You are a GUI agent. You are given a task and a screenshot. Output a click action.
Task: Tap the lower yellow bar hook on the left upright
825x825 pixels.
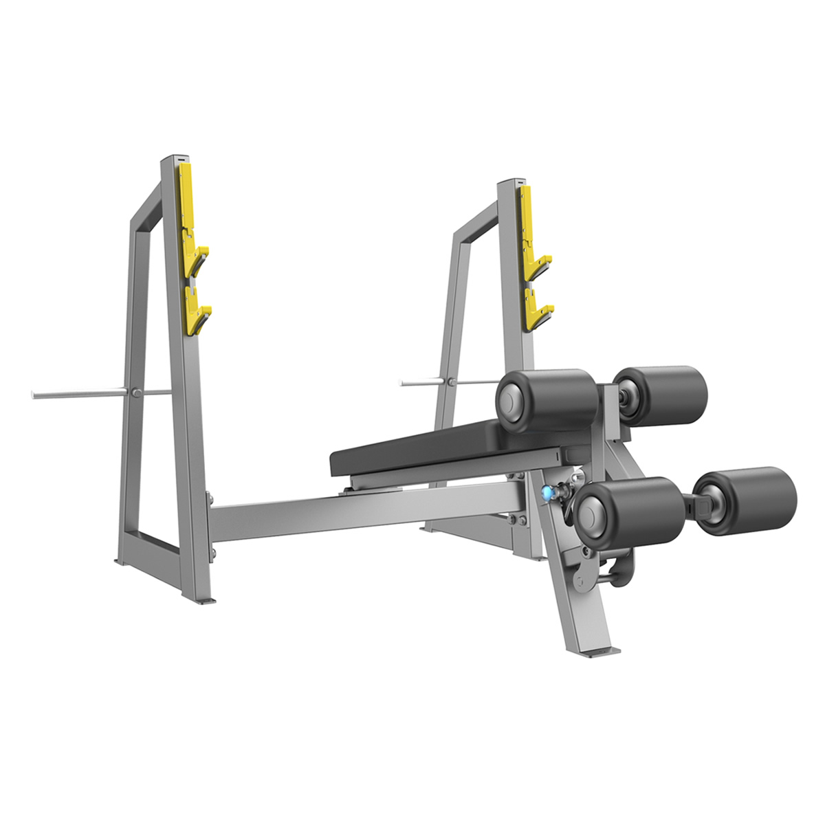tap(198, 313)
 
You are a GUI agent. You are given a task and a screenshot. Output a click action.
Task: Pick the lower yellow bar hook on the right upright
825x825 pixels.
tap(537, 313)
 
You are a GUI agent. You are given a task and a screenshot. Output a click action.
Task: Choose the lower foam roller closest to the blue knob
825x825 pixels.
tap(626, 512)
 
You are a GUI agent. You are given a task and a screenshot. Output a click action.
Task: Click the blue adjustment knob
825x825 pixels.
tap(547, 492)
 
